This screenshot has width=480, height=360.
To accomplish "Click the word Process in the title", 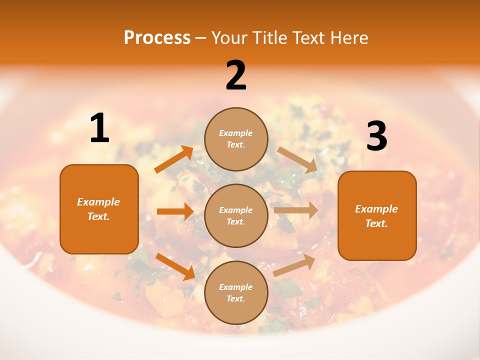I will [x=157, y=38].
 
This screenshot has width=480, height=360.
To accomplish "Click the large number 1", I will [x=99, y=128].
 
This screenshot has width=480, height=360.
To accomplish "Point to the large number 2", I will [x=236, y=75].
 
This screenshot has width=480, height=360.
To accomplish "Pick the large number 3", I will [x=376, y=136].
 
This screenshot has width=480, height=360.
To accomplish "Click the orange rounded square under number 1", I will [x=99, y=209].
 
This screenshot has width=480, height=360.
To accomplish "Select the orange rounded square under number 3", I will [x=377, y=215].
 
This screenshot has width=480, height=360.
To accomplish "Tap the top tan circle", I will [x=236, y=139].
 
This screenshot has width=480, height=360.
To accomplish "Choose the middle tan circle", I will [x=236, y=215].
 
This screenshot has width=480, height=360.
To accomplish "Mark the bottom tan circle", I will [x=236, y=292].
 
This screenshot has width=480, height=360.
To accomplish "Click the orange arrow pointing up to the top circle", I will [x=174, y=159].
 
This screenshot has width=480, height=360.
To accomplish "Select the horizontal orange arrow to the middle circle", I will [x=175, y=211].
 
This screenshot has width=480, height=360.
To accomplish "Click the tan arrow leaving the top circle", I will [x=297, y=159].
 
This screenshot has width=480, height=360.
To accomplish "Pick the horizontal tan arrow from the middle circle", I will [x=296, y=210].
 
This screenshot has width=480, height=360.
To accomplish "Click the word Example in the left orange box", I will [x=98, y=202].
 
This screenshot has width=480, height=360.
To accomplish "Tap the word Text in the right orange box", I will [x=376, y=223].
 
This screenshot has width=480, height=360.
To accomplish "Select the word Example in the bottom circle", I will [x=235, y=287].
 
